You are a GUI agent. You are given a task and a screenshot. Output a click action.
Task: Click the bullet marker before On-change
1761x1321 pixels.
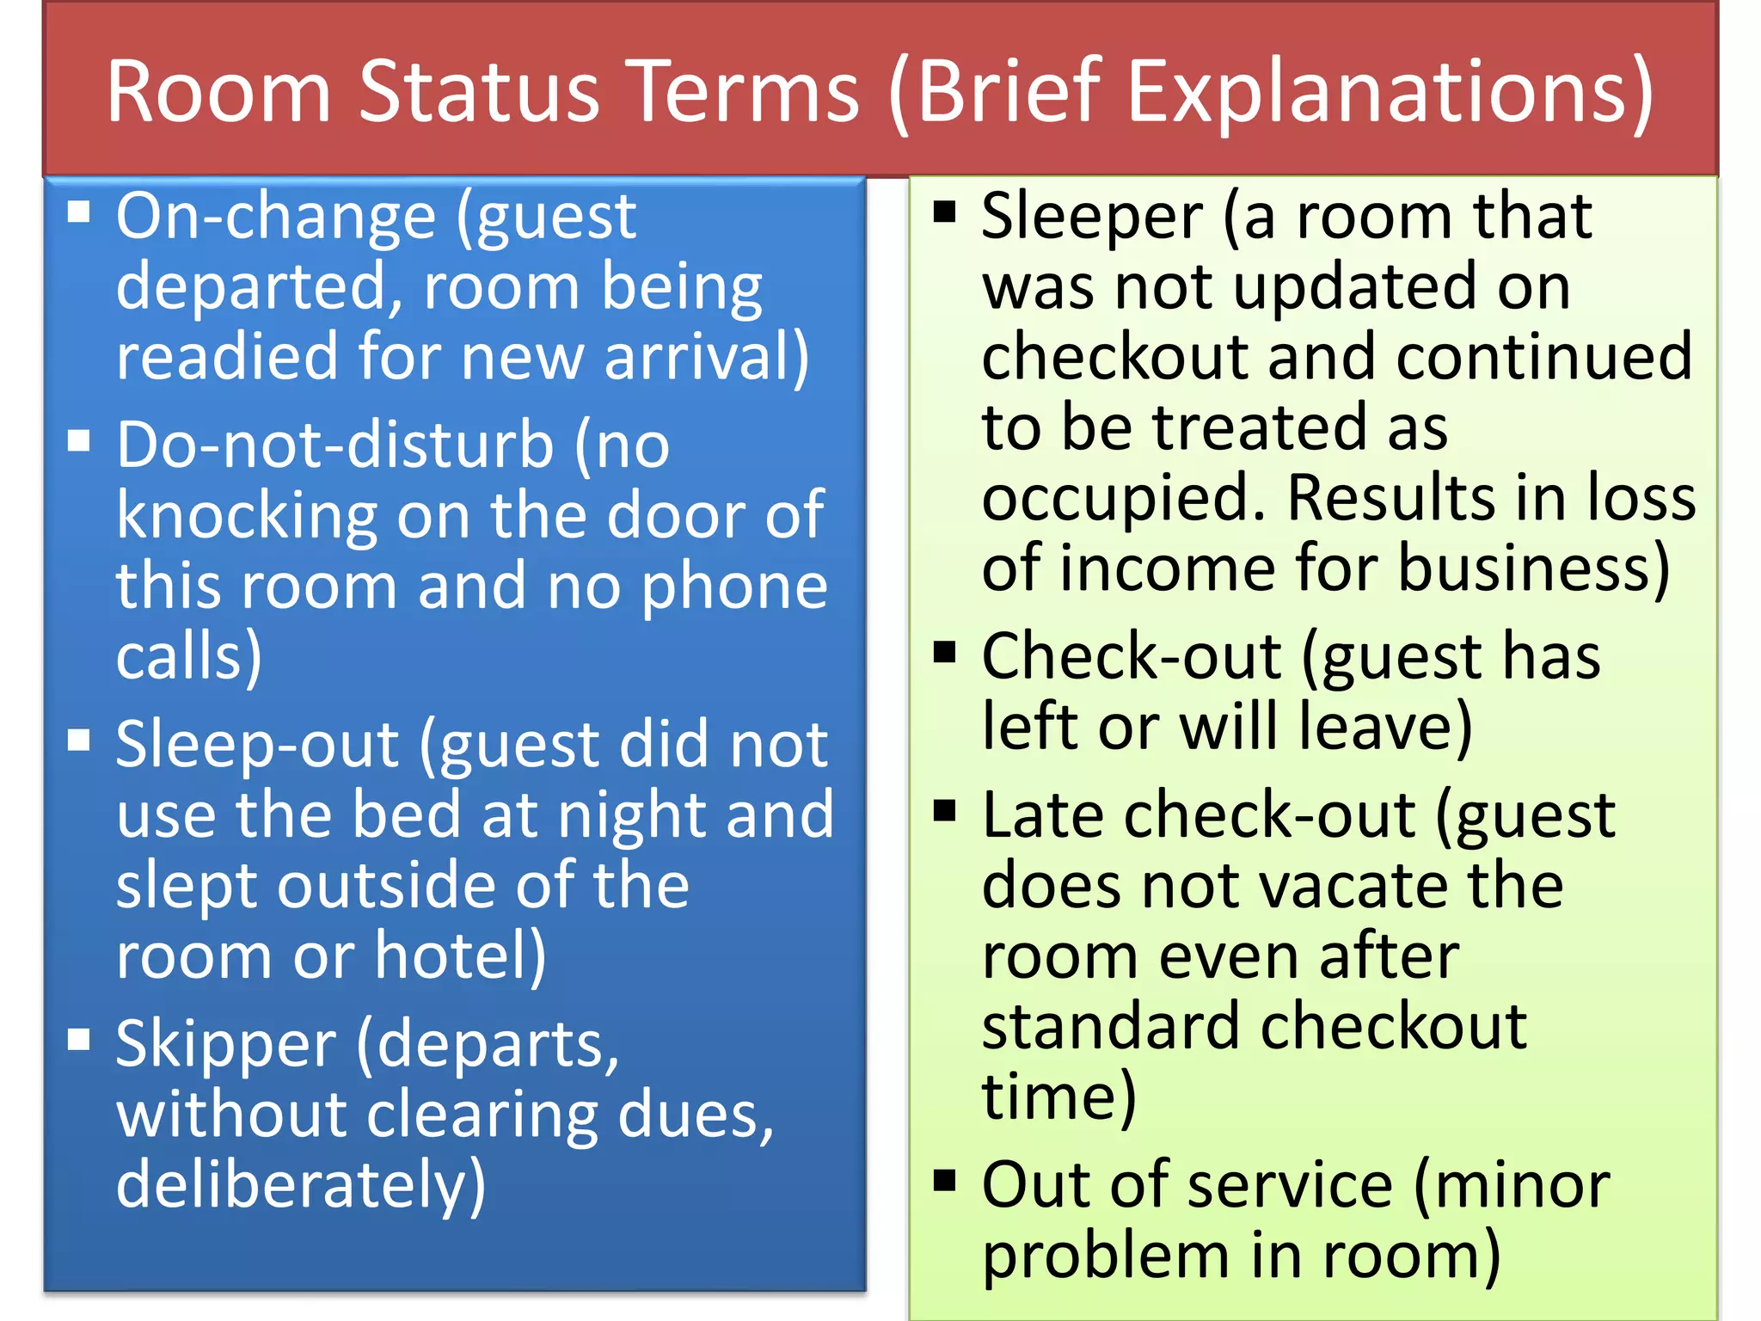(x=79, y=212)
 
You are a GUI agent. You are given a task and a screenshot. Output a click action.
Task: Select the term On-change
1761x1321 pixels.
(x=276, y=217)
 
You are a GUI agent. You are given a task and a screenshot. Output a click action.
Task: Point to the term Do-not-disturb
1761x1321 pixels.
(x=334, y=445)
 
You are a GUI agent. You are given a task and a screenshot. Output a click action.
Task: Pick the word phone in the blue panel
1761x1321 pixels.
(x=734, y=587)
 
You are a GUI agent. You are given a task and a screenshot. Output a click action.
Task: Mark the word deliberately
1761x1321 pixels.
(x=300, y=1186)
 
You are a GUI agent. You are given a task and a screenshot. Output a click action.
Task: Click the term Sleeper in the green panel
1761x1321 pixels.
(x=1092, y=217)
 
